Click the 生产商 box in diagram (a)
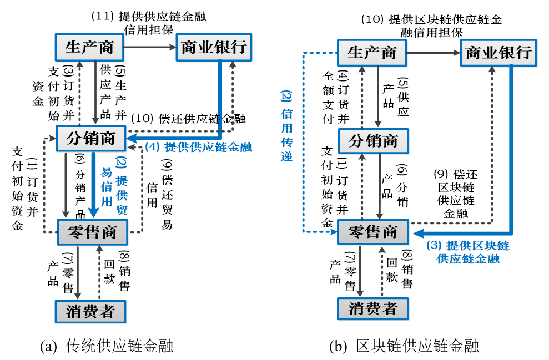click(89, 47)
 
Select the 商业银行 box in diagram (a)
click(213, 47)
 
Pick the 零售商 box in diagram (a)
click(92, 232)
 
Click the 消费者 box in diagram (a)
click(90, 311)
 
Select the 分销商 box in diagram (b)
click(373, 141)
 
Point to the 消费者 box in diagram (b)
click(373, 308)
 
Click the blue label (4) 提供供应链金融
click(198, 147)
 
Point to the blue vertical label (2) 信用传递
click(286, 125)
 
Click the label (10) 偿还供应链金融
click(188, 119)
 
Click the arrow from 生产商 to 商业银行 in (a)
click(150, 47)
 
